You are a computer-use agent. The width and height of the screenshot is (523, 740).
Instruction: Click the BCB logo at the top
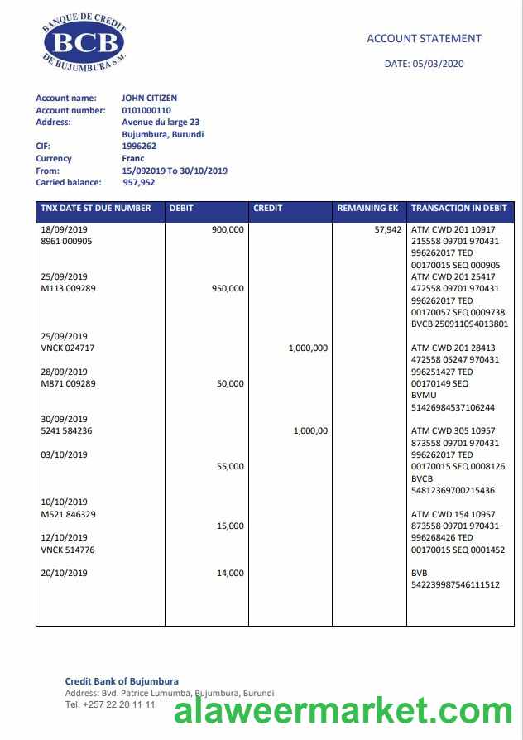click(83, 43)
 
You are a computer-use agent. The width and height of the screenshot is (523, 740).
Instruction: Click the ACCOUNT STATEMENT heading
click(424, 38)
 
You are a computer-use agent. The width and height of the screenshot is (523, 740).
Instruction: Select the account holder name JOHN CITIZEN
click(149, 99)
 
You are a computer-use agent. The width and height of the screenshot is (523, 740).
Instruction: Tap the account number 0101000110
click(146, 110)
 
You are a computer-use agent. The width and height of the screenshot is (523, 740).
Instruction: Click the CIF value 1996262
click(139, 146)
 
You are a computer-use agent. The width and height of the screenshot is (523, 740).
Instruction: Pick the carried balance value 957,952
click(139, 182)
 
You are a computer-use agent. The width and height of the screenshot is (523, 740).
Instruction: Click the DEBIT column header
click(181, 209)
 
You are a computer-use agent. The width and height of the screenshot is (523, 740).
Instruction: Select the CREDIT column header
click(267, 209)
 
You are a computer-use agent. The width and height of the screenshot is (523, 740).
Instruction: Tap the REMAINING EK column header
click(368, 209)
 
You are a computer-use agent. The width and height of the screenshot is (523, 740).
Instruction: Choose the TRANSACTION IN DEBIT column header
click(459, 209)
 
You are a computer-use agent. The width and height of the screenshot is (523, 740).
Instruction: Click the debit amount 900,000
click(228, 229)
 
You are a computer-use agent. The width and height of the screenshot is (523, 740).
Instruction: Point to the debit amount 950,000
click(228, 289)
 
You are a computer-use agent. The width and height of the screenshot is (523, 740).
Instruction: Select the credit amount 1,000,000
click(308, 348)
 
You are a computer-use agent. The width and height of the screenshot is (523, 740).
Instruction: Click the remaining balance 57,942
click(388, 229)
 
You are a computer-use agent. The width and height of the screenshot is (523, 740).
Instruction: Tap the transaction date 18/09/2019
click(64, 229)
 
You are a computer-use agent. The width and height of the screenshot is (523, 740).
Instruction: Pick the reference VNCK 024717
click(68, 348)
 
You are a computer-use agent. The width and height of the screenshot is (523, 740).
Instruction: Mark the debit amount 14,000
click(230, 573)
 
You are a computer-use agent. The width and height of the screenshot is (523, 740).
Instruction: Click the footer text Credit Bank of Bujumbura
click(122, 681)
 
